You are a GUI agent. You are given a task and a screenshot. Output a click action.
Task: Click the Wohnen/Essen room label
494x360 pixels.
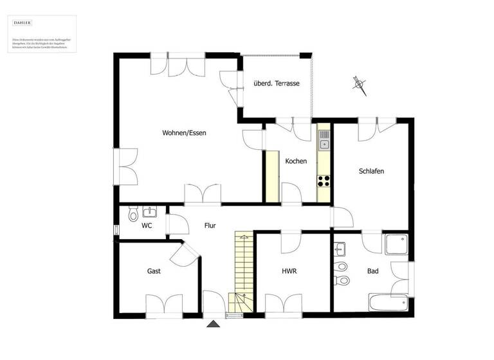pos(184,133)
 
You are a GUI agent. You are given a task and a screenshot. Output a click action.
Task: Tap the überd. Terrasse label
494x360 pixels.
pos(277,83)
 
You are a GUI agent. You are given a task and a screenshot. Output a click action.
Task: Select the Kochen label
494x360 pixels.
pos(296,161)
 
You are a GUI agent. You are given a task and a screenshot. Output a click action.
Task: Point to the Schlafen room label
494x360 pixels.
pos(371,171)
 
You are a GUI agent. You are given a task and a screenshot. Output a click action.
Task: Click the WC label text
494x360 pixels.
pos(147,226)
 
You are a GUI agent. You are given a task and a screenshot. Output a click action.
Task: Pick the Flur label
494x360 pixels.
pos(210,226)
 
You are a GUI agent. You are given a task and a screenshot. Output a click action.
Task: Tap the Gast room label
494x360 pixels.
pos(154,271)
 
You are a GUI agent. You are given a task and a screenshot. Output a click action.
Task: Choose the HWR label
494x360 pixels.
pos(289,271)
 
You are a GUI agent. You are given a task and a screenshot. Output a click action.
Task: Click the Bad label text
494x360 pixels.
pos(372,271)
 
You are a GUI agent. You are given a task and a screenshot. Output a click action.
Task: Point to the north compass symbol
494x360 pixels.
pos(359,84)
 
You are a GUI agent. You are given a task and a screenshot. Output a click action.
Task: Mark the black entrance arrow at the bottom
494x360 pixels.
pos(213,323)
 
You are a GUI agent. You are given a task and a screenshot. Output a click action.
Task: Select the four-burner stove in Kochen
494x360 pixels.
pos(324,180)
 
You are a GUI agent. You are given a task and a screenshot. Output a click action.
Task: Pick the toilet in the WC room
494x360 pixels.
pos(133,213)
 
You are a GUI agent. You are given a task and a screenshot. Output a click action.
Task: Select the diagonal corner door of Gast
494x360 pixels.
pos(189,253)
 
